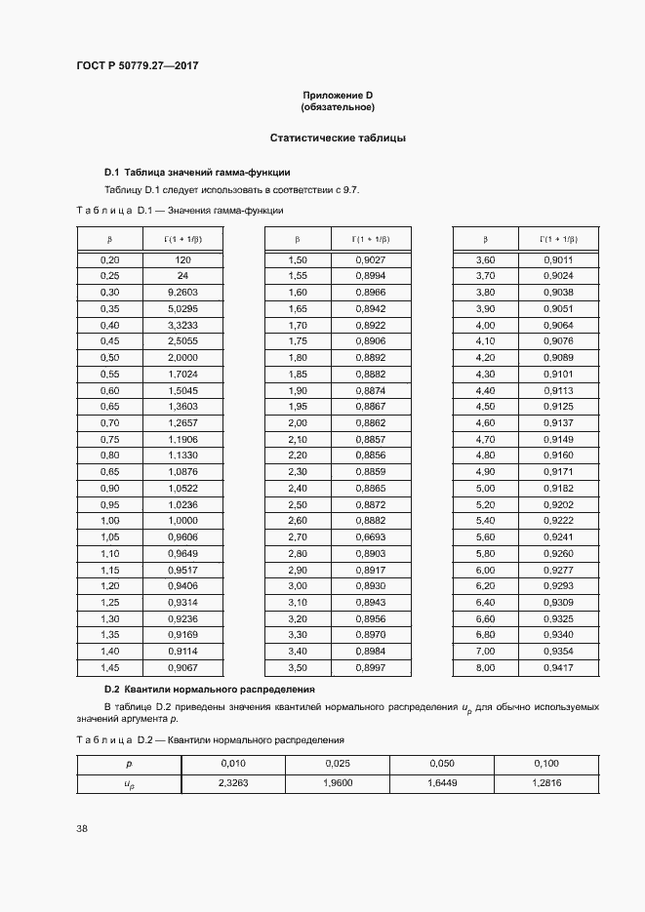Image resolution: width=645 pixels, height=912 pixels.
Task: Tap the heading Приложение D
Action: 338,95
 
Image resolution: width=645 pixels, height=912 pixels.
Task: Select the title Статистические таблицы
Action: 338,138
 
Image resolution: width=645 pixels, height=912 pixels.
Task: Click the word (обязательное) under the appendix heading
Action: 338,106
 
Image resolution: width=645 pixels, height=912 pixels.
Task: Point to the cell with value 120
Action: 182,260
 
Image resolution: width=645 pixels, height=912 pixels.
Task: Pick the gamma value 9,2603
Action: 182,292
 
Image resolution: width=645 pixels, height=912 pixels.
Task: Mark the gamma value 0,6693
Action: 370,536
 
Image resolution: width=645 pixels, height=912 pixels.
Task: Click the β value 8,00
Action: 485,667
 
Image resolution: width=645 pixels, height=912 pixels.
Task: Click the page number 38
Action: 82,828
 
